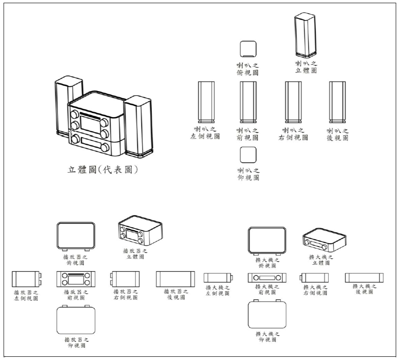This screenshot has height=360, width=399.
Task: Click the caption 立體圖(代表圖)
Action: click(x=103, y=170)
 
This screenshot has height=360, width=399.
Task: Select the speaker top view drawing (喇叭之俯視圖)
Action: click(x=248, y=49)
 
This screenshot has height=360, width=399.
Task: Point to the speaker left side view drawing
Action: click(x=206, y=102)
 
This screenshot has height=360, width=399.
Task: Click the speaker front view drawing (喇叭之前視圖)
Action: click(x=248, y=102)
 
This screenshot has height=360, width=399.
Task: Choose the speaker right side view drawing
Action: click(x=293, y=102)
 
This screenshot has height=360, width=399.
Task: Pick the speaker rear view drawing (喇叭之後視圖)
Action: click(x=337, y=102)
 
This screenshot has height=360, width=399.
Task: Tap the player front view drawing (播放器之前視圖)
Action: click(x=75, y=278)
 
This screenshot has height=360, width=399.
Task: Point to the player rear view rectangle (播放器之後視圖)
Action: click(x=176, y=279)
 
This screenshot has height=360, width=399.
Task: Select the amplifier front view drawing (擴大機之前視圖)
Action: click(x=267, y=278)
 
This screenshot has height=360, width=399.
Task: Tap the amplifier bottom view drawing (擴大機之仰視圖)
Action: click(x=267, y=314)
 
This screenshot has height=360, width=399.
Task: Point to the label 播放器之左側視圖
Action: click(x=26, y=295)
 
